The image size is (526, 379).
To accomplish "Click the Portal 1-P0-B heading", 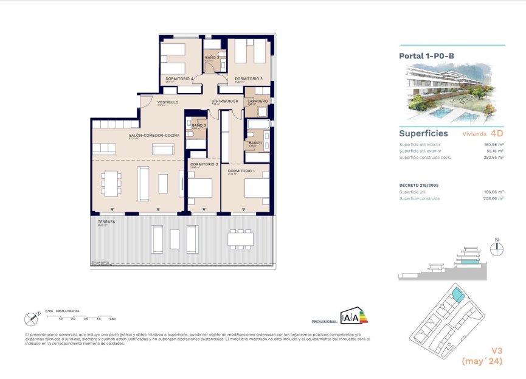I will coord(426,56).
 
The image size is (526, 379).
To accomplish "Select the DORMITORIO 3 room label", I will coord(249,78).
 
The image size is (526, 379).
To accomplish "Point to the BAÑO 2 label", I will coord(212,57).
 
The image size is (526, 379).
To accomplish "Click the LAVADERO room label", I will coord(258,101).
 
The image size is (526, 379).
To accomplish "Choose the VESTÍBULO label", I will coord(168,102).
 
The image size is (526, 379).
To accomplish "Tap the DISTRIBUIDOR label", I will coord(224,101).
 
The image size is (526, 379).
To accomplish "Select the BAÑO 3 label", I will coord(199,125).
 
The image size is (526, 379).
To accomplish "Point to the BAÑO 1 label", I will coord(255,143).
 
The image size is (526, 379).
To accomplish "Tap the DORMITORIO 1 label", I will coord(241,171).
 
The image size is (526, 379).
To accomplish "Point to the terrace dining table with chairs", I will coord(241,238).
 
